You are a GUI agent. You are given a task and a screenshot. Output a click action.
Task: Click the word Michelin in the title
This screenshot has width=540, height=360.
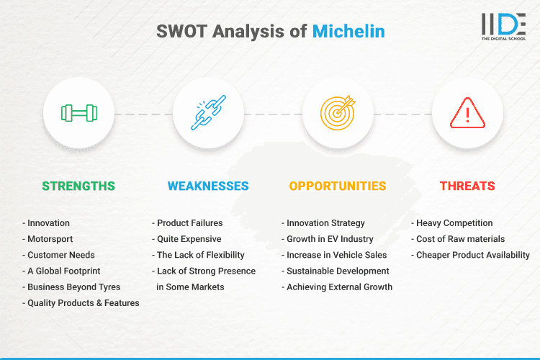348,32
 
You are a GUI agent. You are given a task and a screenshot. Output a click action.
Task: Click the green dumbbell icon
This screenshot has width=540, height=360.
78,113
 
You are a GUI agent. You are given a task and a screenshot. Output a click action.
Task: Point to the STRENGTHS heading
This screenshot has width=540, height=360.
78,186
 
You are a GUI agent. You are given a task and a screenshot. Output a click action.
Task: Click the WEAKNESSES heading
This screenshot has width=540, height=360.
208,186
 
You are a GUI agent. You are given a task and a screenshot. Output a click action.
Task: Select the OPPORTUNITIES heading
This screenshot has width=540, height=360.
338,186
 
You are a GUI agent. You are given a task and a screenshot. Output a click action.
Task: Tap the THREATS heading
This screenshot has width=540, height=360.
467,186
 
